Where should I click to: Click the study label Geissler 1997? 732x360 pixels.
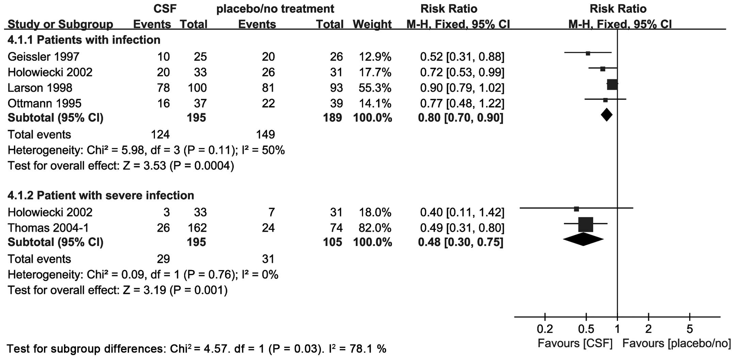(44, 57)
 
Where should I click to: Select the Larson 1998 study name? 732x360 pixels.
(40, 88)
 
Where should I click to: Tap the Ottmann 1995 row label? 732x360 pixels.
(45, 104)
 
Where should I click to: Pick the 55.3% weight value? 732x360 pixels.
(375, 88)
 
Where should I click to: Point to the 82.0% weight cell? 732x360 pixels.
(375, 228)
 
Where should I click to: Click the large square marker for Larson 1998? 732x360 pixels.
(612, 84)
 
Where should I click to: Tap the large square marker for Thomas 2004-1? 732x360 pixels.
(586, 224)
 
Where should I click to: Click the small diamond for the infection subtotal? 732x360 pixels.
(606, 115)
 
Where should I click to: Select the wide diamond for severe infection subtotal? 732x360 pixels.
(583, 239)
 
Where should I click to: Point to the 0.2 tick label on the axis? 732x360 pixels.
(545, 329)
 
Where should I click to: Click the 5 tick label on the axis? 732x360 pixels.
(689, 329)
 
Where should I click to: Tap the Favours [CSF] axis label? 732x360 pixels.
(575, 343)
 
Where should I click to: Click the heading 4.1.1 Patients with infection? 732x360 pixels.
(84, 40)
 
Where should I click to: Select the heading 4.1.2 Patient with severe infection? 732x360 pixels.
(101, 195)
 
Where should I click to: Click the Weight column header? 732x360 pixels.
(372, 25)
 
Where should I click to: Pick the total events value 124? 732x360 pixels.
(160, 135)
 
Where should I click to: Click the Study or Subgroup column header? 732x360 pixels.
(60, 25)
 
